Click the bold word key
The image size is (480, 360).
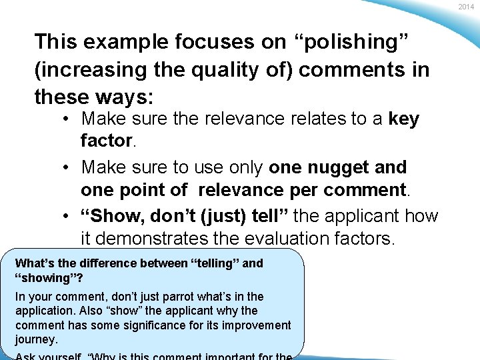click(404, 119)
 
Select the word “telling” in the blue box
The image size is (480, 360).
click(216, 263)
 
